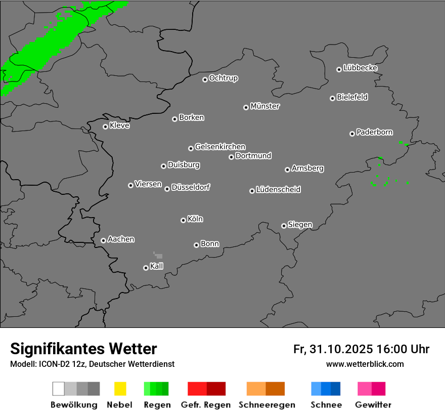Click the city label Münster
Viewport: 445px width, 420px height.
[x=265, y=106]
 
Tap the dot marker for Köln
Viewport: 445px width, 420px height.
[x=183, y=220]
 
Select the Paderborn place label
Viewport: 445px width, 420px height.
[x=374, y=133]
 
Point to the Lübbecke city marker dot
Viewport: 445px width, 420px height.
[x=339, y=69]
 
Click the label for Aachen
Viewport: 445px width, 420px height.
[x=121, y=239]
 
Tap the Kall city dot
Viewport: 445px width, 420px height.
[x=146, y=268]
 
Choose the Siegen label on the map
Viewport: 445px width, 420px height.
[x=300, y=225]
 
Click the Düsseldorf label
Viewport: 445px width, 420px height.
[x=191, y=187]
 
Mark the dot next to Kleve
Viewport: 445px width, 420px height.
[x=105, y=127]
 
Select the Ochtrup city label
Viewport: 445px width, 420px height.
[x=224, y=78]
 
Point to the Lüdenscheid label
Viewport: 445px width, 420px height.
[x=278, y=190]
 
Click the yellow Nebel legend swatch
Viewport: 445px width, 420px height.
[x=120, y=389]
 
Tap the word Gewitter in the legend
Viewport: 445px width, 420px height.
[x=373, y=405]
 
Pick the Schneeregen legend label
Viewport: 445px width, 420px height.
[x=267, y=405]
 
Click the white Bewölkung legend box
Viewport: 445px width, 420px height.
[x=59, y=389]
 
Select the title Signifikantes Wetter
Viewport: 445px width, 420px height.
[x=83, y=349]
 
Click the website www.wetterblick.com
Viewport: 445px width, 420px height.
[x=365, y=364]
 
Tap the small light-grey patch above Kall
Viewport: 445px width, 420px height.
[x=159, y=256]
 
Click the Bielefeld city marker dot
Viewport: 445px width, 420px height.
[x=332, y=98]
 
